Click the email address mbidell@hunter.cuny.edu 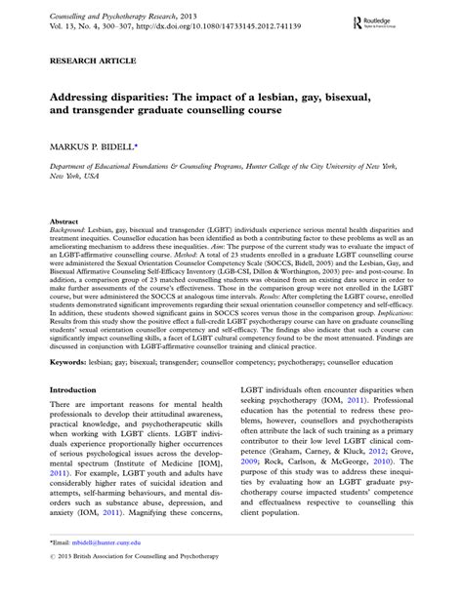click(x=113, y=568)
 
